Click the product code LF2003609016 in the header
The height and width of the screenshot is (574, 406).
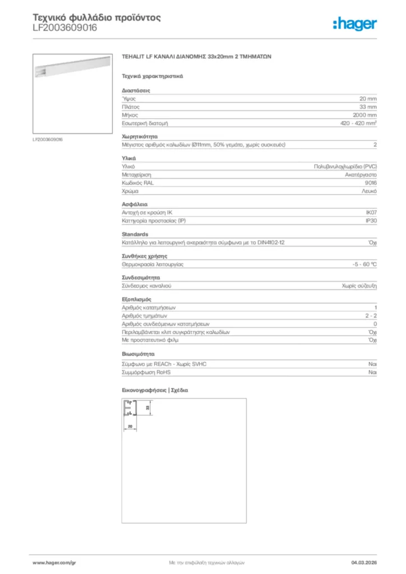tap(64, 28)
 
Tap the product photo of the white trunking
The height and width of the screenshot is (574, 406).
tap(72, 79)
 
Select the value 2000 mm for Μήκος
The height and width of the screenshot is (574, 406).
tap(364, 114)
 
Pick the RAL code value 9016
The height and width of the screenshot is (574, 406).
tap(370, 183)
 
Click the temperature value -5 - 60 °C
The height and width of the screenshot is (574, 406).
tap(361, 264)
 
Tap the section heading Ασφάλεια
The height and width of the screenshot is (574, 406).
tap(135, 205)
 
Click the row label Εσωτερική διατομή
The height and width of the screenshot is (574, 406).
tap(145, 123)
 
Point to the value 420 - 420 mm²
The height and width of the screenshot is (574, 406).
tap(358, 123)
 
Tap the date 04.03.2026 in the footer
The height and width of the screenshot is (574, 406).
tap(364, 562)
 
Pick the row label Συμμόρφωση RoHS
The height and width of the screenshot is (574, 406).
tap(146, 372)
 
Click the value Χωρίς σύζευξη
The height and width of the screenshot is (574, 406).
tap(359, 286)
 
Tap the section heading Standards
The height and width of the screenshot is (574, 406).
tap(135, 234)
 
